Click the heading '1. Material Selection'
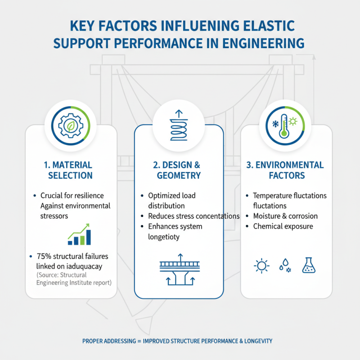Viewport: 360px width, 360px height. pyautogui.click(x=70, y=170)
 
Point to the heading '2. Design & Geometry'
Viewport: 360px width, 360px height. pyautogui.click(x=179, y=170)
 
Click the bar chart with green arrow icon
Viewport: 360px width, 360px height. pyautogui.click(x=80, y=235)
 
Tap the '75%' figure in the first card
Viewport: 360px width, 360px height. pyautogui.click(x=43, y=256)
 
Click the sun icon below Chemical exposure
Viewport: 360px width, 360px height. pyautogui.click(x=261, y=265)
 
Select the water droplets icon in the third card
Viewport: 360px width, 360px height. pyautogui.click(x=285, y=265)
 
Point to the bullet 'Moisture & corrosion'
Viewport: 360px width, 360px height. pyautogui.click(x=285, y=216)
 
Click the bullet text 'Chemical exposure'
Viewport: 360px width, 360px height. pyautogui.click(x=283, y=226)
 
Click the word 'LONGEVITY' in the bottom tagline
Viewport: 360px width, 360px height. pyautogui.click(x=255, y=341)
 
